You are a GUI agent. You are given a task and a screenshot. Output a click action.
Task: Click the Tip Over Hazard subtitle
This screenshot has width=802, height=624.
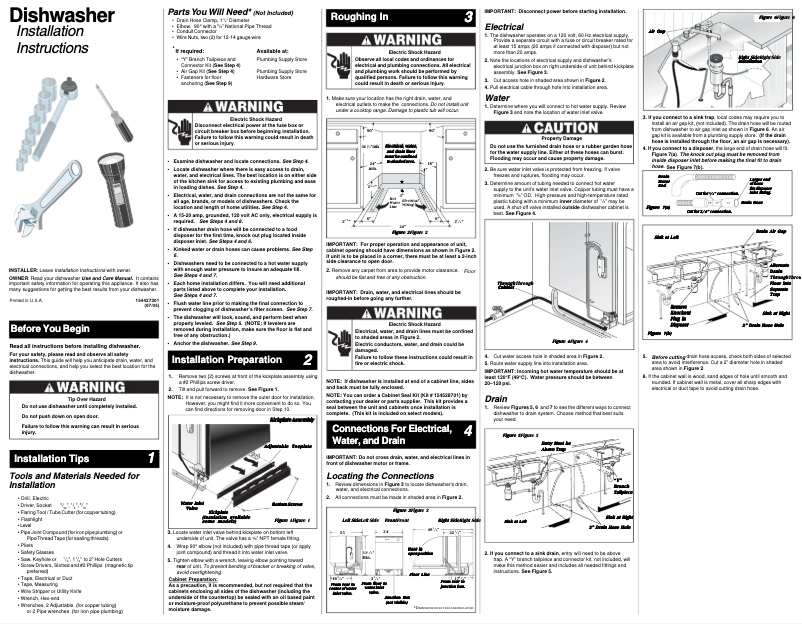pyautogui.click(x=79, y=397)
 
